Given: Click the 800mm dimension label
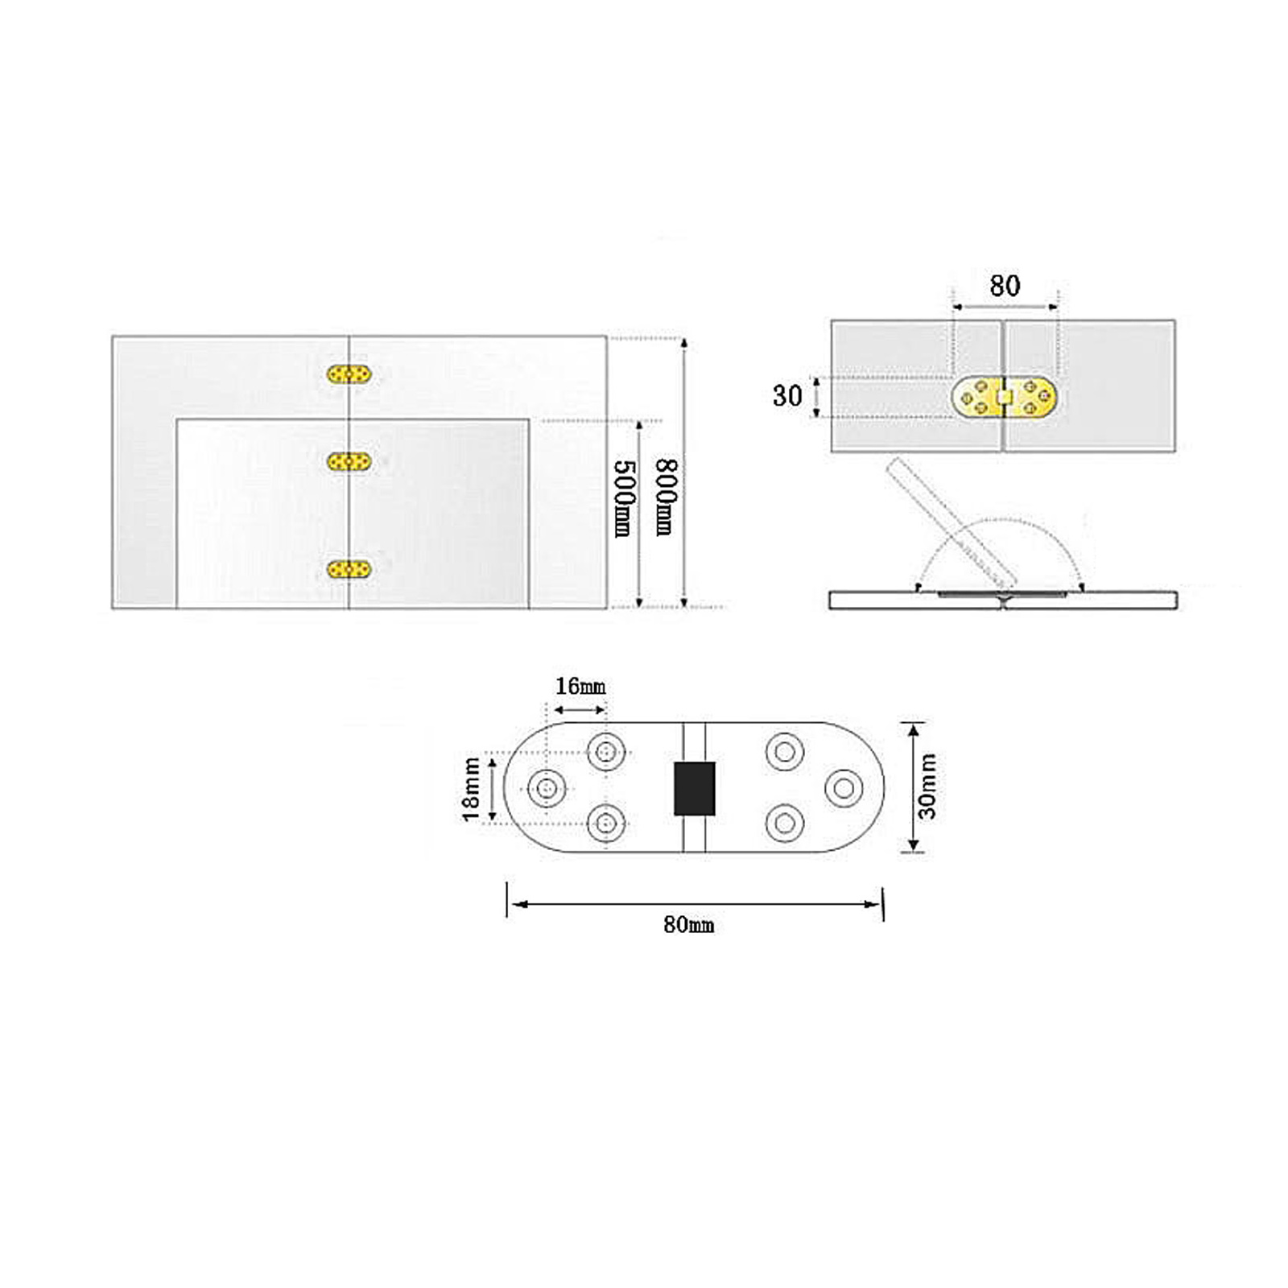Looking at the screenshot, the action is click(666, 497).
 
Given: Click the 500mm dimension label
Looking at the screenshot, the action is click(624, 498).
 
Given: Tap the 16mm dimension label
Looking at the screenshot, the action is click(580, 686).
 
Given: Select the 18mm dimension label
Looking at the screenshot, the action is click(471, 789).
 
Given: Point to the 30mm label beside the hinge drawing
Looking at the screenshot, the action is click(927, 786).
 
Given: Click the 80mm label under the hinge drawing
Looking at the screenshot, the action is click(688, 925).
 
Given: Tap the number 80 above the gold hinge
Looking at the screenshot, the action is click(1005, 286).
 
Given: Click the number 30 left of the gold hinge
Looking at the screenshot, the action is click(787, 395).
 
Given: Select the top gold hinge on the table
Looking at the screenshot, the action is click(349, 374).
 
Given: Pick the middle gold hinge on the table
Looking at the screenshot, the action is click(349, 461).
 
